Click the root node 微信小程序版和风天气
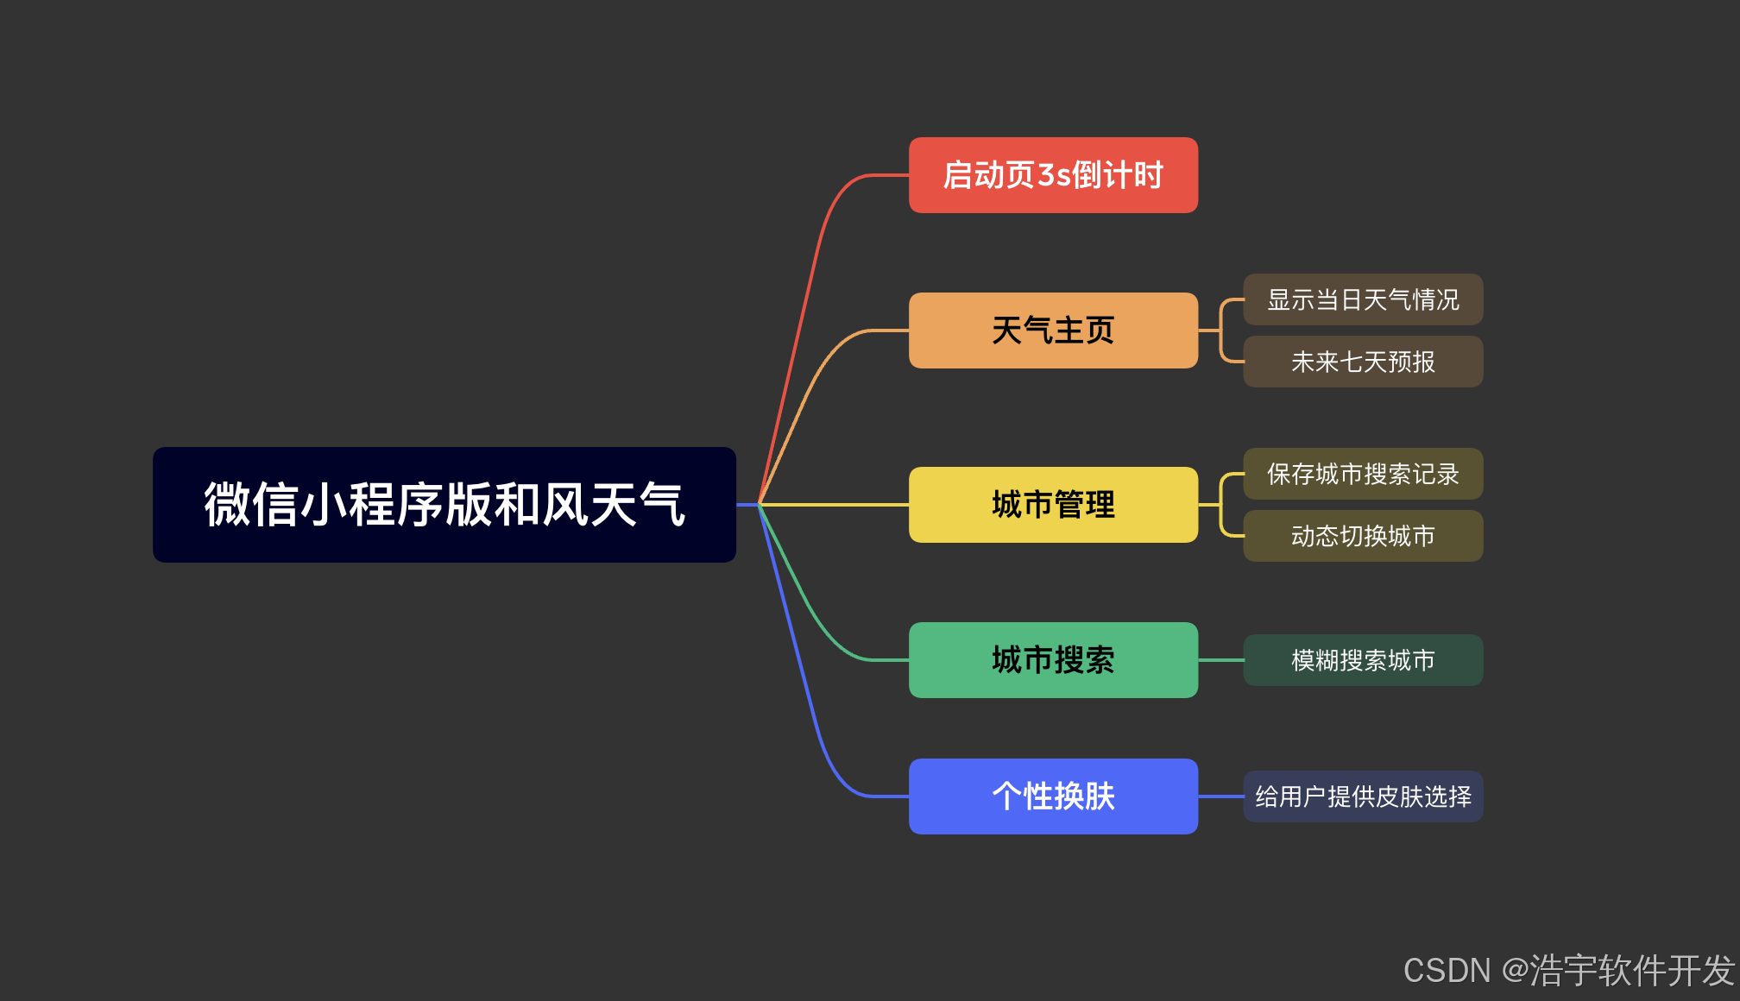point(444,504)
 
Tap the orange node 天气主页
point(1052,331)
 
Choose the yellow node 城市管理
point(1052,505)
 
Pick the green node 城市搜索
point(1052,660)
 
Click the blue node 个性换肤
point(1052,796)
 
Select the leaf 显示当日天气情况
point(1362,299)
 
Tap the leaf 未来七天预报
point(1362,362)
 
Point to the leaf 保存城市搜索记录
point(1362,474)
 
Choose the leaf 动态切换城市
point(1362,536)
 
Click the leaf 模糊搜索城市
point(1362,660)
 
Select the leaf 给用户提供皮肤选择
point(1362,796)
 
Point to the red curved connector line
point(812,259)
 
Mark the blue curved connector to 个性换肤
point(812,716)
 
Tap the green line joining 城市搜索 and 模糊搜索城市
point(1220,660)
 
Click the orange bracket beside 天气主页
point(1220,331)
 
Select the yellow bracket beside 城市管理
point(1220,505)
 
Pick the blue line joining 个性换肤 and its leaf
point(1220,796)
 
